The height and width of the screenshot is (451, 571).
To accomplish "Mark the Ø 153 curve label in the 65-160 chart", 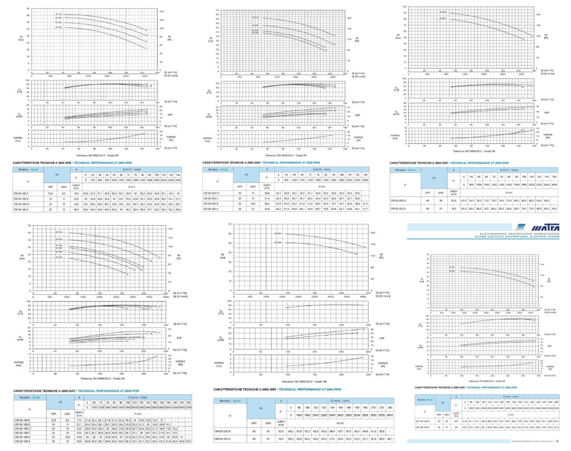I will pos(59,26).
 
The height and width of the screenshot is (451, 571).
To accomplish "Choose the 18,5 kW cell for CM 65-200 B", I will pos(254,203).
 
